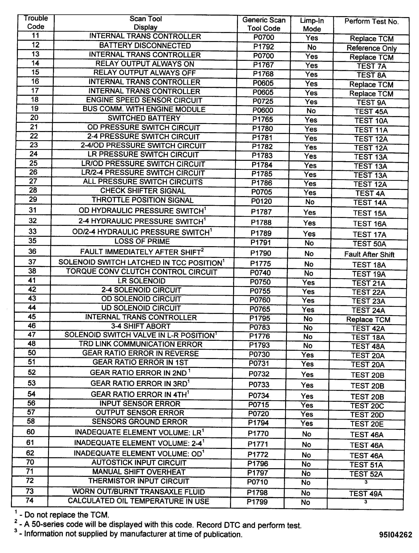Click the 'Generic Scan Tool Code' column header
(264, 24)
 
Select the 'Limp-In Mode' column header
(312, 25)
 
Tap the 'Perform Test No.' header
(371, 21)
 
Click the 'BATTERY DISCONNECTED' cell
(145, 45)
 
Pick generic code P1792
(264, 47)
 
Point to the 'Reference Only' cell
(371, 48)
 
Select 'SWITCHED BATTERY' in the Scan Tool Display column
(144, 118)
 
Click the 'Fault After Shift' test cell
(369, 254)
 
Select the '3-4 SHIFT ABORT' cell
(141, 326)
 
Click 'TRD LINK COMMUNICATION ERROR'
(141, 344)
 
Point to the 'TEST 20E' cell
(367, 424)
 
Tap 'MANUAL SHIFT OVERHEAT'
(139, 472)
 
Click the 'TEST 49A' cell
(366, 494)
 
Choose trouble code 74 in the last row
(30, 500)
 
